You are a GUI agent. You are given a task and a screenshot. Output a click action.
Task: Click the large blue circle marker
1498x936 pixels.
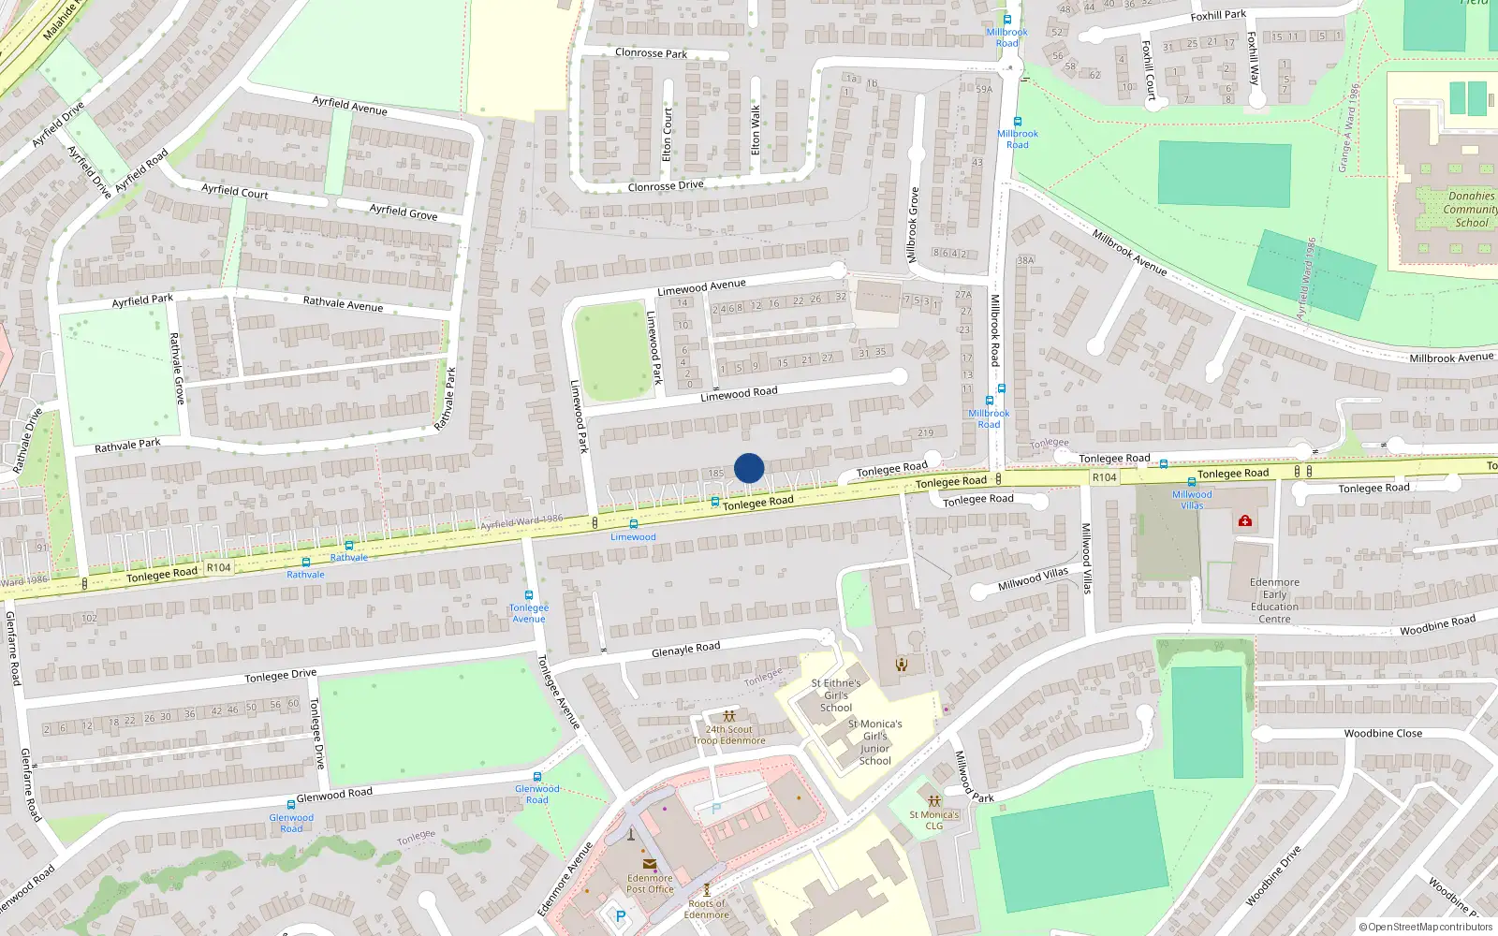point(749,468)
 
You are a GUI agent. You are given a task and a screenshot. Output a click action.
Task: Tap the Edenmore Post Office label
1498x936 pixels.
point(650,884)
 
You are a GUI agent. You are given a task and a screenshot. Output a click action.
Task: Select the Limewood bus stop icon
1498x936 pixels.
point(634,525)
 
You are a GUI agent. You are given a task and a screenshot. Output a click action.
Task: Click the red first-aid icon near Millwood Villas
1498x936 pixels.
point(1245,520)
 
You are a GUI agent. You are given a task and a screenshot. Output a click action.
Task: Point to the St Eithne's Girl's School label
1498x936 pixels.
point(836,695)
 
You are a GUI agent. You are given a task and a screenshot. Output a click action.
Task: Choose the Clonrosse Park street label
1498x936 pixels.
point(651,53)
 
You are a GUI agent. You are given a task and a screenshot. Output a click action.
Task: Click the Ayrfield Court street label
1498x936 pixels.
point(234,192)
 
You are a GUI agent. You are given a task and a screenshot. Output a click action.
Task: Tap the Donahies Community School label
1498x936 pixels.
point(1471,210)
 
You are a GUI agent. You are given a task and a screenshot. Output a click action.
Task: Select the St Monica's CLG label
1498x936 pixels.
point(934,820)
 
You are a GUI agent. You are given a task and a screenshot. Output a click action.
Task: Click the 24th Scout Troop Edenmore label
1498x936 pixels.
point(729,735)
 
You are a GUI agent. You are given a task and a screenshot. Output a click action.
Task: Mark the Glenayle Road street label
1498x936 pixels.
point(685,650)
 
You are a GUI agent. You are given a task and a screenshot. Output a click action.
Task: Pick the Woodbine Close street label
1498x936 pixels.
point(1383,734)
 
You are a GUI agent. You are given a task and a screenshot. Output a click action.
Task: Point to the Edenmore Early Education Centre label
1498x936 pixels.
point(1274,600)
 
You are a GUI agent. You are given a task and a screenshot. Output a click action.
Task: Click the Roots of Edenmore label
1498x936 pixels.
point(706,909)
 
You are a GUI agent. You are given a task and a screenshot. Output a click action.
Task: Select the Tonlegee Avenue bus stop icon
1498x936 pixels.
point(529,595)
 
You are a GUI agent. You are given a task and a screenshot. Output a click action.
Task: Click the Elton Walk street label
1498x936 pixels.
point(756,130)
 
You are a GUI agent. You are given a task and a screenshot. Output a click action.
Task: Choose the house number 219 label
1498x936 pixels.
point(925,433)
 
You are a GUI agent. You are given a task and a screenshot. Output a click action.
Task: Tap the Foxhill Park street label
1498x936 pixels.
point(1218,15)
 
